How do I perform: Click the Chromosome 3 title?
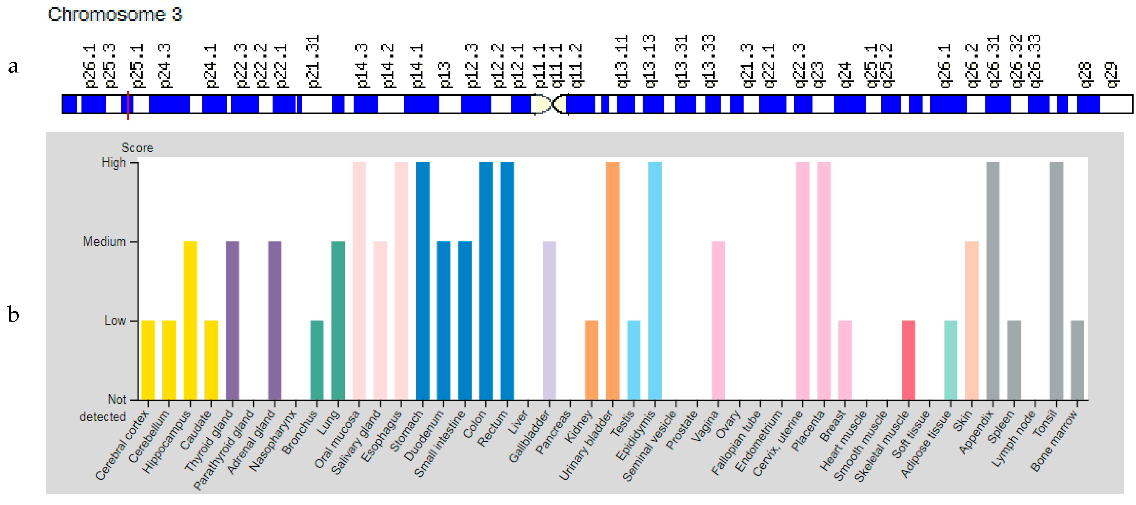tap(115, 14)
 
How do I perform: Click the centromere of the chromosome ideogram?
tap(551, 104)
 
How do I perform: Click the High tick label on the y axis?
tap(113, 163)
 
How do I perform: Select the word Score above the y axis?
tap(137, 148)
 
